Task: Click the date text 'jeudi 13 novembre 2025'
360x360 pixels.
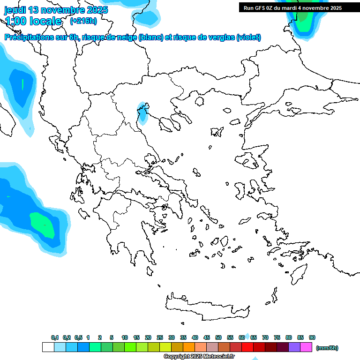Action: (56, 10)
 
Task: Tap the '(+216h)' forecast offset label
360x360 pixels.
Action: (83, 21)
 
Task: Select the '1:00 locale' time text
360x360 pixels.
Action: (33, 21)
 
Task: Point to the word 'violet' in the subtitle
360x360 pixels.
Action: (248, 37)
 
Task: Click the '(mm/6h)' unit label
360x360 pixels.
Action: (327, 348)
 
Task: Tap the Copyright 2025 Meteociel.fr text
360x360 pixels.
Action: (199, 357)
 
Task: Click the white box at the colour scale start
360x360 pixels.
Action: (48, 347)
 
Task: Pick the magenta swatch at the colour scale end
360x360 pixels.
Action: (306, 347)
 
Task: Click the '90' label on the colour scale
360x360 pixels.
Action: (312, 337)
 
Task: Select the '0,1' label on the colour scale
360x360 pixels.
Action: (55, 337)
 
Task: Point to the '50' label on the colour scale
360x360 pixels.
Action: (218, 337)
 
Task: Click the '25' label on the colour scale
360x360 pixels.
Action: (160, 337)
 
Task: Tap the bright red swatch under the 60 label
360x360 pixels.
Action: (247, 347)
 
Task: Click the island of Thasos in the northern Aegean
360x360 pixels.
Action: (200, 101)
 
